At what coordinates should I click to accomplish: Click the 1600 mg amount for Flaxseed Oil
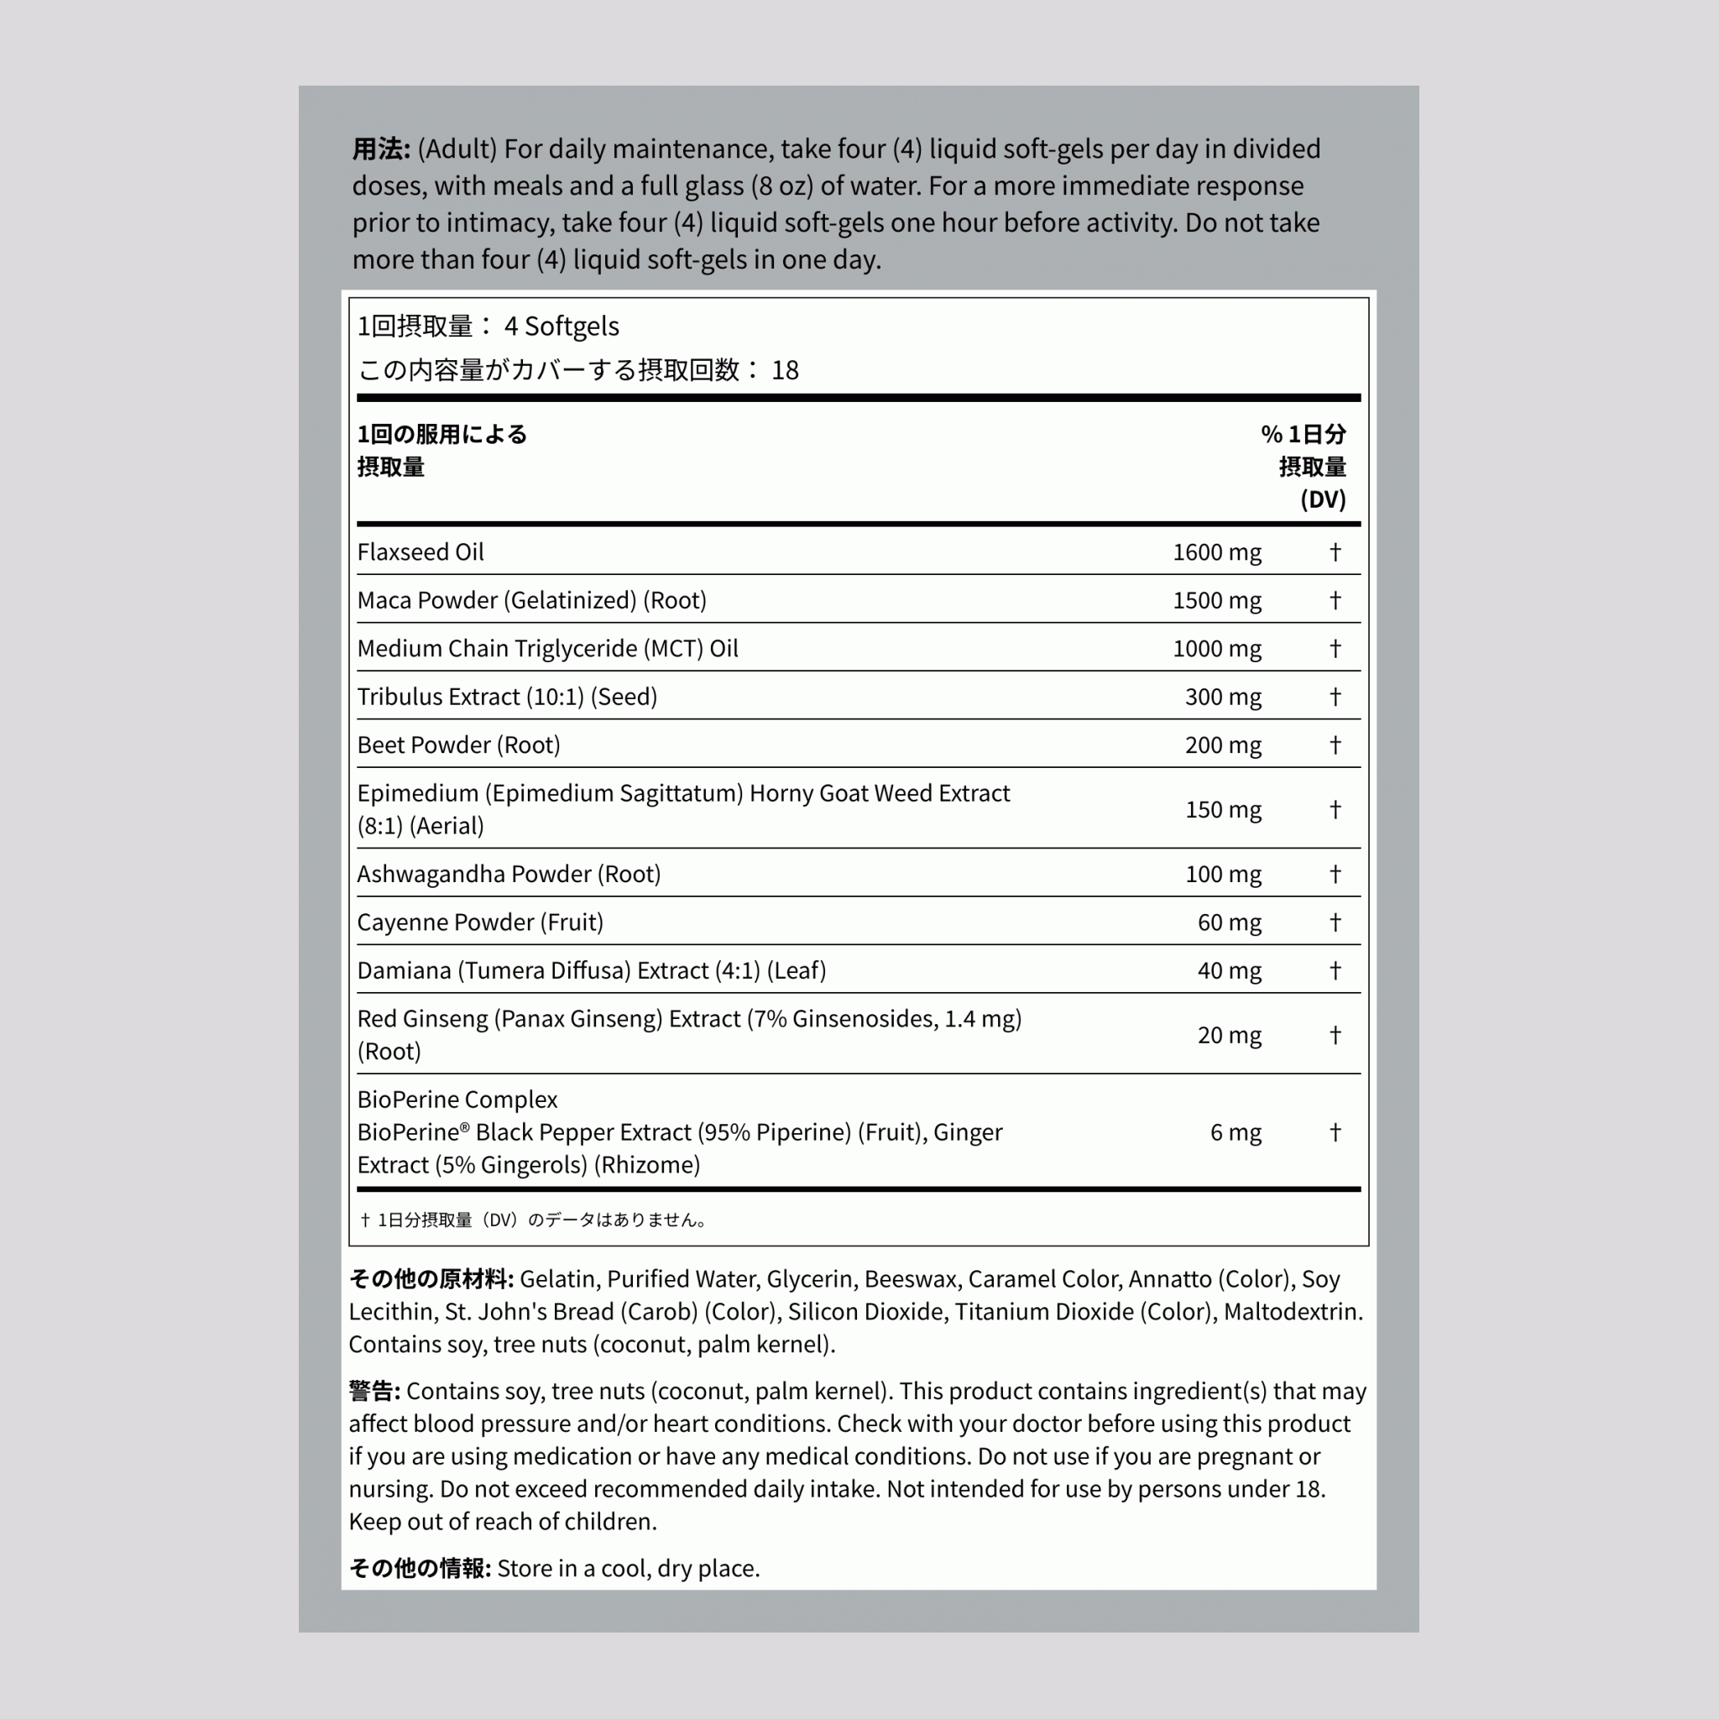pos(1216,552)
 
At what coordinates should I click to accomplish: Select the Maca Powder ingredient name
pos(531,601)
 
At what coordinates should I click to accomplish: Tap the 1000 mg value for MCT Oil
pos(1216,649)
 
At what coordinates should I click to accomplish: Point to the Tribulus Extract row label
pos(507,697)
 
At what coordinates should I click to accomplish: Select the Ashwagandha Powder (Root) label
pos(509,874)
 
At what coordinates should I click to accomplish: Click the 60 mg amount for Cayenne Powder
pos(1229,922)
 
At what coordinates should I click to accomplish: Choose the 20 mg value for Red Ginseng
pos(1229,1035)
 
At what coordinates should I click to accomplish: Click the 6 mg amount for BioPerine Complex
pos(1235,1131)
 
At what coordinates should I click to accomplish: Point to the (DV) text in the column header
pos(1322,499)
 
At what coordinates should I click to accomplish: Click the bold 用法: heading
pos(381,149)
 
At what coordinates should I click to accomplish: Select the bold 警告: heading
pos(374,1391)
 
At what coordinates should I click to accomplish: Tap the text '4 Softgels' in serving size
pos(562,327)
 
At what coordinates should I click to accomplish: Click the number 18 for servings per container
pos(785,370)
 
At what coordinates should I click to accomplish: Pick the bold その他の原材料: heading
pos(431,1278)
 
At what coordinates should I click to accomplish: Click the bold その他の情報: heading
pos(419,1568)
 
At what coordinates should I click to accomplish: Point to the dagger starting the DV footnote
pos(366,1220)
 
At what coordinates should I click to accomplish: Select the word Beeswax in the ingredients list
pos(912,1278)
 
